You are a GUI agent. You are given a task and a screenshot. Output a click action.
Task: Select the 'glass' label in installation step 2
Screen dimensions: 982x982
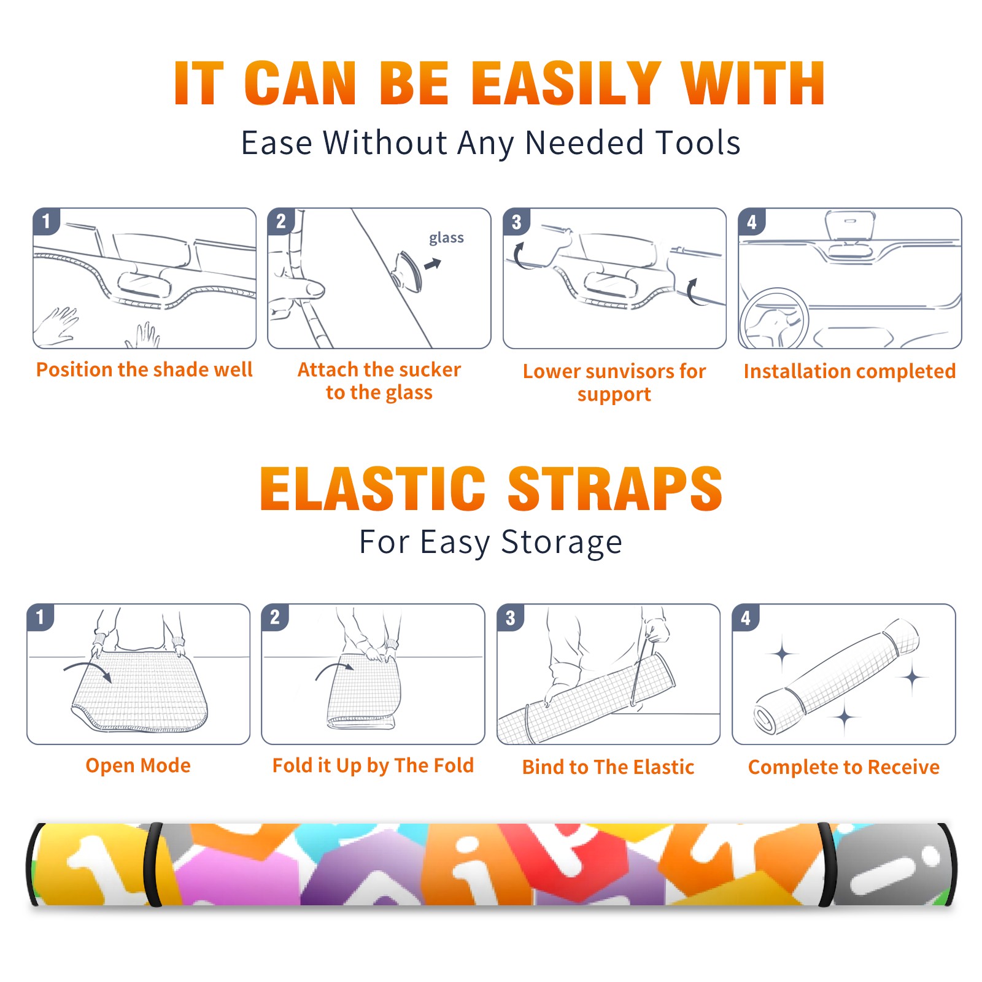[446, 238]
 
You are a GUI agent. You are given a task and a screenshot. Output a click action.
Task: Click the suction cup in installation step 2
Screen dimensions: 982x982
[408, 271]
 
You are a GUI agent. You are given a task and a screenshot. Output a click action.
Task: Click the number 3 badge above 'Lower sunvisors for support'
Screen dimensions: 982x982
[516, 222]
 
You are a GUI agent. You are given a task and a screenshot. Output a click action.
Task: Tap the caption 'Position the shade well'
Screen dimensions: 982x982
[144, 369]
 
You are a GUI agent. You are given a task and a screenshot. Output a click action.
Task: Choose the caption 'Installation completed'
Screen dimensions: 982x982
[849, 371]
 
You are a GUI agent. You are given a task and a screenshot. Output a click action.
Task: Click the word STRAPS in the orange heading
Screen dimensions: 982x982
[615, 489]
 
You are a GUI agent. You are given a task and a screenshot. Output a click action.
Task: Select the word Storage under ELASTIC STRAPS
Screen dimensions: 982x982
[562, 543]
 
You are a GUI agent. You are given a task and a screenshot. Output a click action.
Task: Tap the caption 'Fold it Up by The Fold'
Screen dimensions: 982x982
[373, 765]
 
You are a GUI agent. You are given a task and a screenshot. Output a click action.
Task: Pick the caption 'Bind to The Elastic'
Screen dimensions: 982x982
[608, 767]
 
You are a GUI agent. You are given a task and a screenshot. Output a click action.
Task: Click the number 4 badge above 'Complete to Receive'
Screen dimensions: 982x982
[746, 617]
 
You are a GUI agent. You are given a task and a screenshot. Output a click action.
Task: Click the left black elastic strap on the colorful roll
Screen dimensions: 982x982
[152, 864]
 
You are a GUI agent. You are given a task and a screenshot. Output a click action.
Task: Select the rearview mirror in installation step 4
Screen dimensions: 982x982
[850, 226]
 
